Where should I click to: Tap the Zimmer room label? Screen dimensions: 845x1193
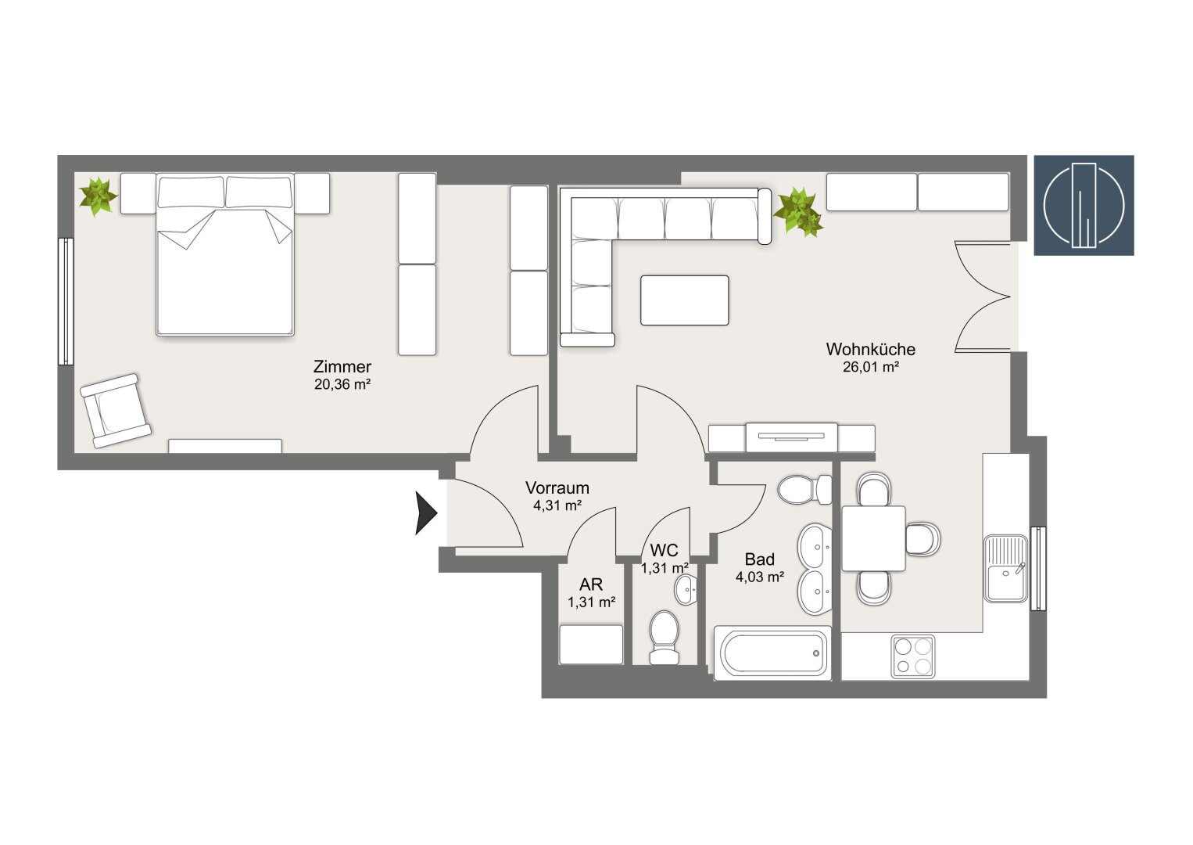tap(342, 366)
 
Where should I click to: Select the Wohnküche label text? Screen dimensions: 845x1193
tap(870, 349)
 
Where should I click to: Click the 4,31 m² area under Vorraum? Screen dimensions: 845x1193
tap(557, 505)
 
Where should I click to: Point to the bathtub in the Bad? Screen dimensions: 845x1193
tap(772, 654)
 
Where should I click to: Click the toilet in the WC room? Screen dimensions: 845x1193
tap(665, 637)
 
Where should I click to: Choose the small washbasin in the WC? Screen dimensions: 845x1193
tap(687, 589)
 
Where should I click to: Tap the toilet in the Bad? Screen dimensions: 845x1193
tap(804, 490)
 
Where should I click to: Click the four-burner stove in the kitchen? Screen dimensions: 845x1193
tap(912, 656)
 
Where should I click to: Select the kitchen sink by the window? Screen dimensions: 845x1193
tap(1006, 568)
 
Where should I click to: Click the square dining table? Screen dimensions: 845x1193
tap(873, 538)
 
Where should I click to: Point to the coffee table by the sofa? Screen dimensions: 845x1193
tap(684, 300)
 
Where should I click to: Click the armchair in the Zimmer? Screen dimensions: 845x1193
tap(116, 411)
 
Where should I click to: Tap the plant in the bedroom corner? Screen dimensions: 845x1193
tap(98, 196)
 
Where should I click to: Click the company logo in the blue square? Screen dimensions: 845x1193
tap(1084, 205)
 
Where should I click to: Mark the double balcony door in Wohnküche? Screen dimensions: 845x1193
tap(983, 296)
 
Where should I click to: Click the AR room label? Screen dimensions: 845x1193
tap(590, 584)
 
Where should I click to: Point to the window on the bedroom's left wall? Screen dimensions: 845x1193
tap(65, 301)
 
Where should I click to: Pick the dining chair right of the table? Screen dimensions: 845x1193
tap(923, 538)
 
